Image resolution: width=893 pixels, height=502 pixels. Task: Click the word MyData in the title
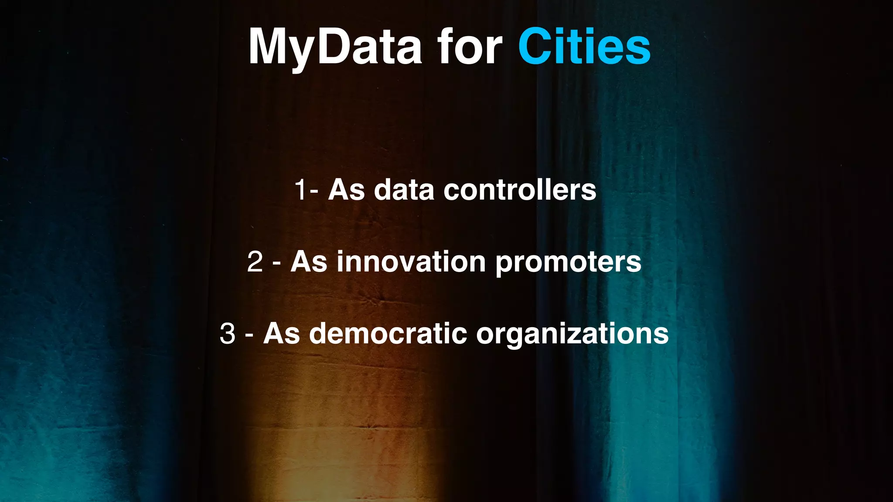coord(335,47)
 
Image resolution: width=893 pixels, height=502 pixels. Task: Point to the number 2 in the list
coord(255,262)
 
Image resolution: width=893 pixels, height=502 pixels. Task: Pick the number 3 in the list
coord(228,334)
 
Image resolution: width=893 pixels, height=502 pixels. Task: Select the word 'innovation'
coord(411,262)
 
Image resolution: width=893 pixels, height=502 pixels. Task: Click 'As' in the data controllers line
coord(346,190)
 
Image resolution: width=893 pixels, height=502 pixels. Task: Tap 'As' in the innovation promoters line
coord(309,262)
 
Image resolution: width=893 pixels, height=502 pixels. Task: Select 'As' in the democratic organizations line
coord(281,334)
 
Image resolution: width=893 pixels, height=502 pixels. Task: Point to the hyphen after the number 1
coord(315,192)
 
